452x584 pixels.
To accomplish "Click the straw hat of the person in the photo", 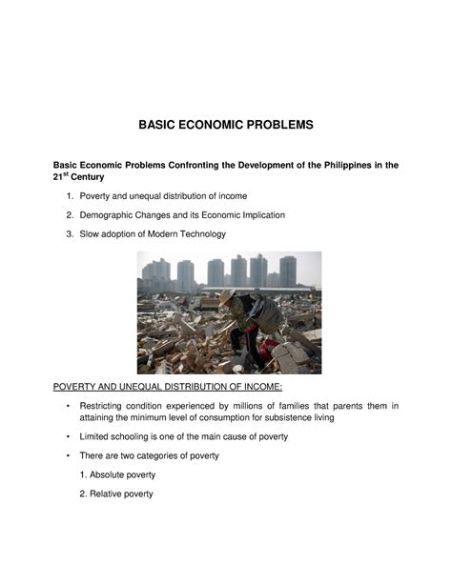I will click(x=227, y=297).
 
